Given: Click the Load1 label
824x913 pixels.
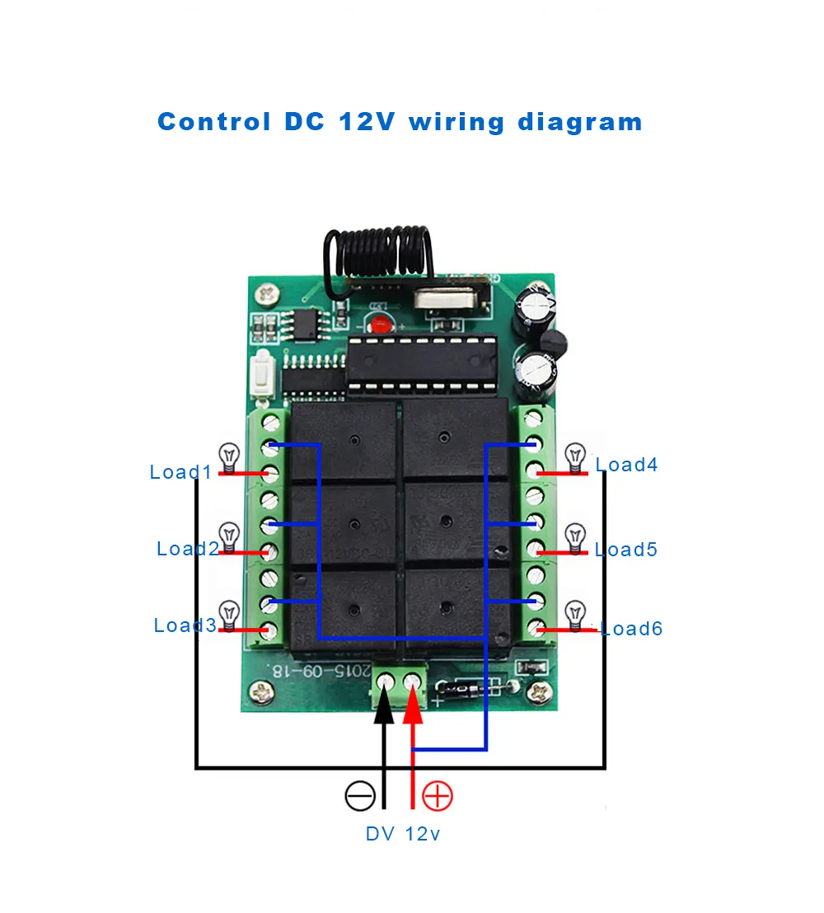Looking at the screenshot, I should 180,472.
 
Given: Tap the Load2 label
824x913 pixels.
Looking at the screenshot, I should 188,549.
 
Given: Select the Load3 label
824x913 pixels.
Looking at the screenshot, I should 185,625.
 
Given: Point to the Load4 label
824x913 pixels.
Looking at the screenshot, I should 626,465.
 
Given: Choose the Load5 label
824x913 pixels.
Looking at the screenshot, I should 626,550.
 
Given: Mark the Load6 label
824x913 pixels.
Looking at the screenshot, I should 632,629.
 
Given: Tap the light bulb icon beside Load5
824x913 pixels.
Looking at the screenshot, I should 575,536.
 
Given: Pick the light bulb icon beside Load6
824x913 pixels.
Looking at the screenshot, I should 575,614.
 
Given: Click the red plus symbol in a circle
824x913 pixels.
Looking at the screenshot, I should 438,796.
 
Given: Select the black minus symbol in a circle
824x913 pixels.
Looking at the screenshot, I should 360,796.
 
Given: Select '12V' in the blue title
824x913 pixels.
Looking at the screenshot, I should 367,122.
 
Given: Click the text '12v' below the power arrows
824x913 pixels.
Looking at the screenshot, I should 422,834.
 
